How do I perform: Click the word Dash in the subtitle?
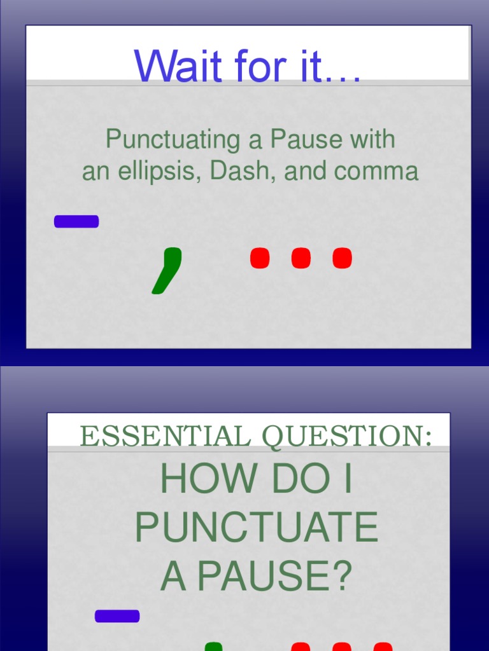pos(241,172)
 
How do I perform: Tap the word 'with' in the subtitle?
pos(373,140)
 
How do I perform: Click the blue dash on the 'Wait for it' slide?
pos(76,221)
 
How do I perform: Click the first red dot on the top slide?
pos(260,258)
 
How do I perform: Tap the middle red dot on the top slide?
pos(301,258)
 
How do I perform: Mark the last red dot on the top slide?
pos(342,258)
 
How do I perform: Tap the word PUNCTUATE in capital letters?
pos(257,529)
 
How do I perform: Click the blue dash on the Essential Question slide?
pos(117,615)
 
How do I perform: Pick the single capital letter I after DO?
pos(346,481)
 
